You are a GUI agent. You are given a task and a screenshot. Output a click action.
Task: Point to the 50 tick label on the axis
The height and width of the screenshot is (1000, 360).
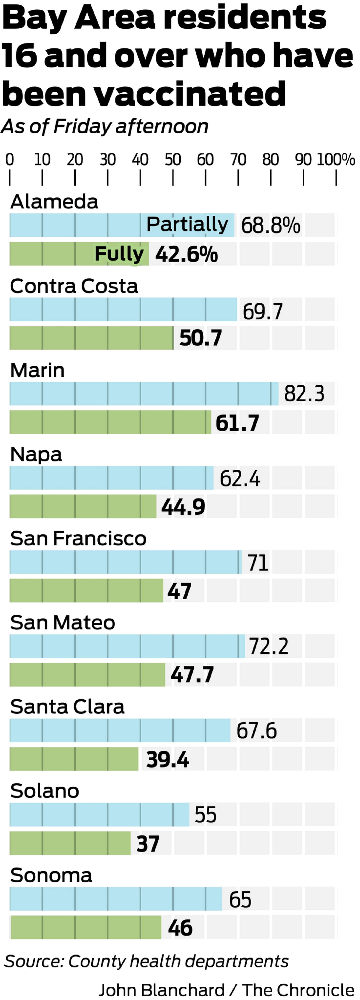tap(173, 160)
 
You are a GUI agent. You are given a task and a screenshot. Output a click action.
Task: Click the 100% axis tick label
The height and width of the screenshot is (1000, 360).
tap(336, 160)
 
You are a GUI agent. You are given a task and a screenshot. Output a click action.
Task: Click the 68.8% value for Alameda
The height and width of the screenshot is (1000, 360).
tap(271, 225)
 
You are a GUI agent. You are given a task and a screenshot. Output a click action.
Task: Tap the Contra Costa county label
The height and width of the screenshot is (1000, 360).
tap(74, 286)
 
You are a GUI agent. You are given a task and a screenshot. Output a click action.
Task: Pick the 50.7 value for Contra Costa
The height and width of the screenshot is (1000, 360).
tap(200, 338)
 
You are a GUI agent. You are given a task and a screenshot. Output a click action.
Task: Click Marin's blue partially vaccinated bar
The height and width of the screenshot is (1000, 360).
tap(144, 394)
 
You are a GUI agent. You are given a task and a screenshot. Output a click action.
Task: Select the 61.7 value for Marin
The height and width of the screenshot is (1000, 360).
tap(237, 423)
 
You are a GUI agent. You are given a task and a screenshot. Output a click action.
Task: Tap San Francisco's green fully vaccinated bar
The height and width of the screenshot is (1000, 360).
tap(86, 590)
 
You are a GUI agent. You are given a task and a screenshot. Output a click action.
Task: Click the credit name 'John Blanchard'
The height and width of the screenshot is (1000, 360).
tap(162, 990)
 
